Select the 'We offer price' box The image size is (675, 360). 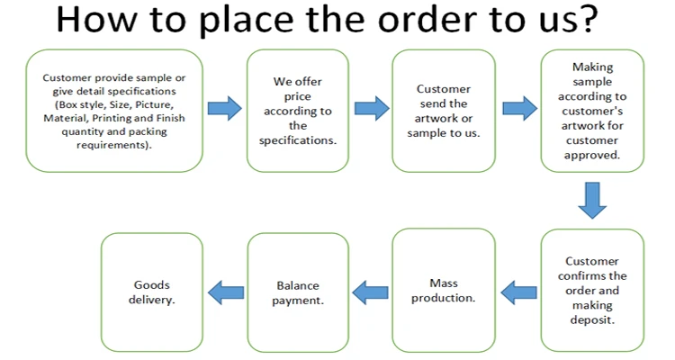pos(297,111)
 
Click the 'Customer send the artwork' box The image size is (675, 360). pos(443,111)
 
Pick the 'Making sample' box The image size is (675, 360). pos(592,111)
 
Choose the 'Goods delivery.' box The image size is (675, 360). pos(152,292)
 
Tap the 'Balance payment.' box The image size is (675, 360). pos(297,292)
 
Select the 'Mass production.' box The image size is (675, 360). pos(443,292)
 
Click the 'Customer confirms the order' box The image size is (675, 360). pos(592,291)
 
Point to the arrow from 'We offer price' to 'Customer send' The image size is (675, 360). pos(371,110)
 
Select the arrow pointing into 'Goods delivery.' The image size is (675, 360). pos(225,292)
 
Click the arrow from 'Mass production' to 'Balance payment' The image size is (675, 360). pos(370,292)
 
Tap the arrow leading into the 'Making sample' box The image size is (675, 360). pos(517,110)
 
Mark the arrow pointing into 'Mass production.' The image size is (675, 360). pos(517,292)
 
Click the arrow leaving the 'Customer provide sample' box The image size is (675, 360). pos(224,110)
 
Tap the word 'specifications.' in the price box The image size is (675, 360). pos(298,140)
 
